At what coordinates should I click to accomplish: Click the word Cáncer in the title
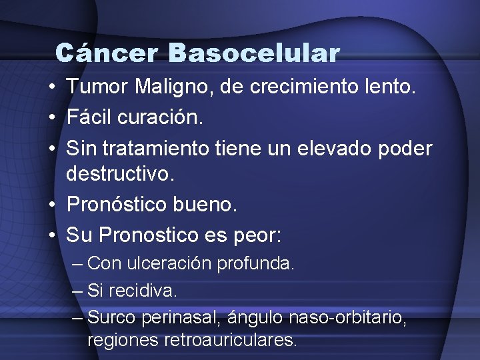107,53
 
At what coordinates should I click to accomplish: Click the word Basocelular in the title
255,53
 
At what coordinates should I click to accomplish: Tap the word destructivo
120,175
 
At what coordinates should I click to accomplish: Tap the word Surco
110,317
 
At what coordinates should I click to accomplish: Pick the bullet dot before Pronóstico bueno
51,204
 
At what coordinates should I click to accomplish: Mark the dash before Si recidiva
76,291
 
